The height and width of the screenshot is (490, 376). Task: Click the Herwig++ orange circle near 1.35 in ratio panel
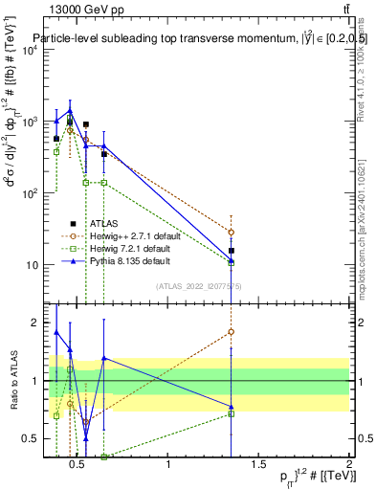click(x=231, y=332)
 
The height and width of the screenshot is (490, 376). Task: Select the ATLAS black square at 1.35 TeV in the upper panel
click(x=231, y=251)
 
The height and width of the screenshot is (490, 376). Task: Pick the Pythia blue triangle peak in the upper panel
click(x=70, y=111)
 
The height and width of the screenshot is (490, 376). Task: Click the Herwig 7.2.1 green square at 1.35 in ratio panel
click(x=231, y=413)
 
